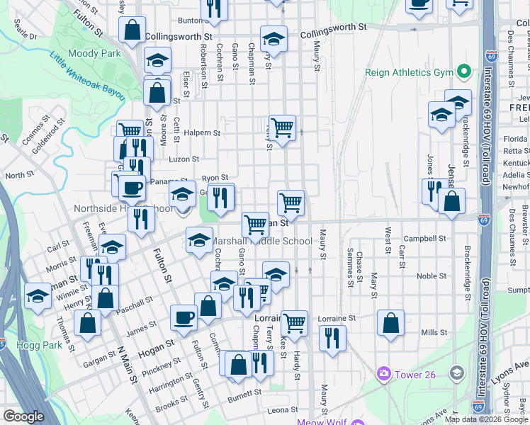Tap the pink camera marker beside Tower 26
click(x=384, y=373)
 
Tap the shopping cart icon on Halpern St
click(x=282, y=128)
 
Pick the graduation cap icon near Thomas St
click(x=37, y=297)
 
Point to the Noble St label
click(x=427, y=276)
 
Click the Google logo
click(x=23, y=416)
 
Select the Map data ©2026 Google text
click(x=485, y=419)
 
